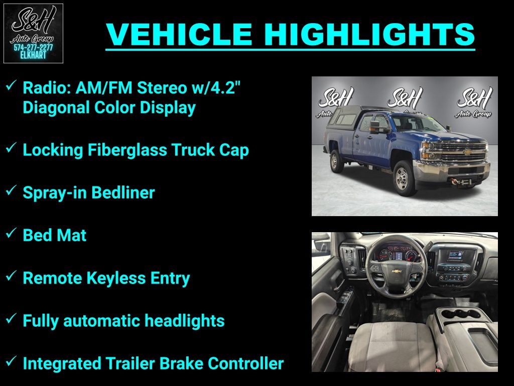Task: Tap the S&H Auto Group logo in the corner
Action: pyautogui.click(x=33, y=33)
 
